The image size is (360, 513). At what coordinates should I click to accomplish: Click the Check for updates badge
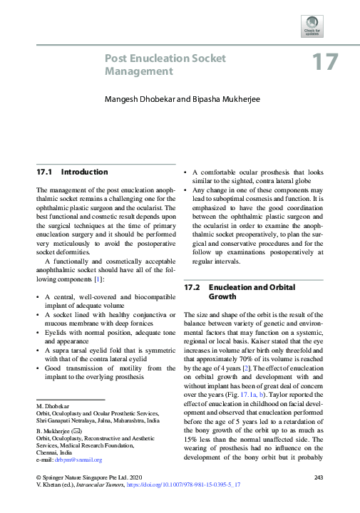pos(312,26)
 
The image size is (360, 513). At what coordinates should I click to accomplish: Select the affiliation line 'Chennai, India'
pos(56,453)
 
